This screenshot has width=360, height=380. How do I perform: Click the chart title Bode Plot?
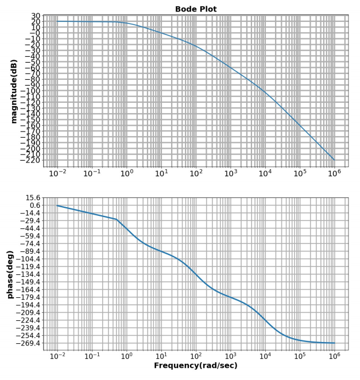pyautogui.click(x=195, y=9)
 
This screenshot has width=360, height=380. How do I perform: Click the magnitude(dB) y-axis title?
pyautogui.click(x=14, y=91)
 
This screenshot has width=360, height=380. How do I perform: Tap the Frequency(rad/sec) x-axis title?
pyautogui.click(x=195, y=365)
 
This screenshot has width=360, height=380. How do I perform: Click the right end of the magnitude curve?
pyautogui.click(x=334, y=160)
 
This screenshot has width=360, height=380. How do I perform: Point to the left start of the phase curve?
pyautogui.click(x=57, y=205)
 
